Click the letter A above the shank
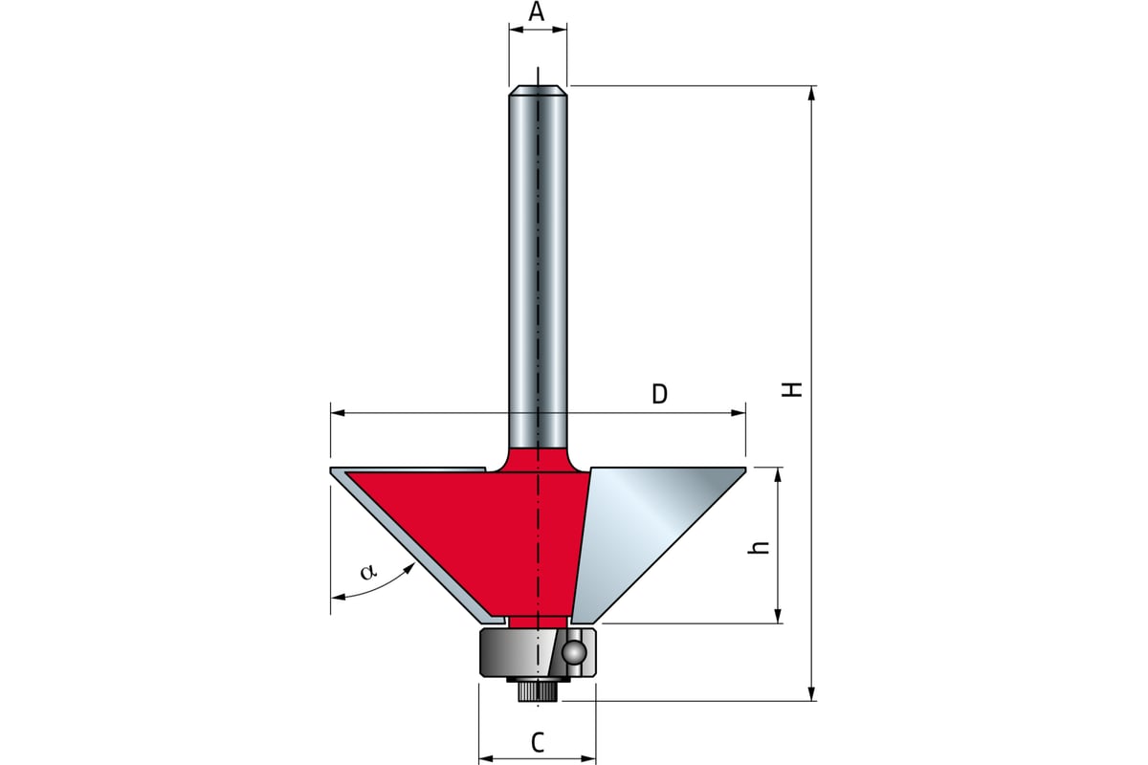point(537,11)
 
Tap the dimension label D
point(659,395)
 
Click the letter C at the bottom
point(538,742)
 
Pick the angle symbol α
point(368,572)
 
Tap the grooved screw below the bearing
point(538,689)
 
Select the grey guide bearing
point(538,653)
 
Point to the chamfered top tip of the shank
point(538,91)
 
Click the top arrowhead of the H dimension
point(811,95)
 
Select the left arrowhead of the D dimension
point(339,412)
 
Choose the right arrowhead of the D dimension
point(738,412)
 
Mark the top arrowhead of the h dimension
point(778,476)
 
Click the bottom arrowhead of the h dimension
point(778,614)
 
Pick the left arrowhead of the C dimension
point(486,757)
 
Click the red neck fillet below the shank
point(538,459)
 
